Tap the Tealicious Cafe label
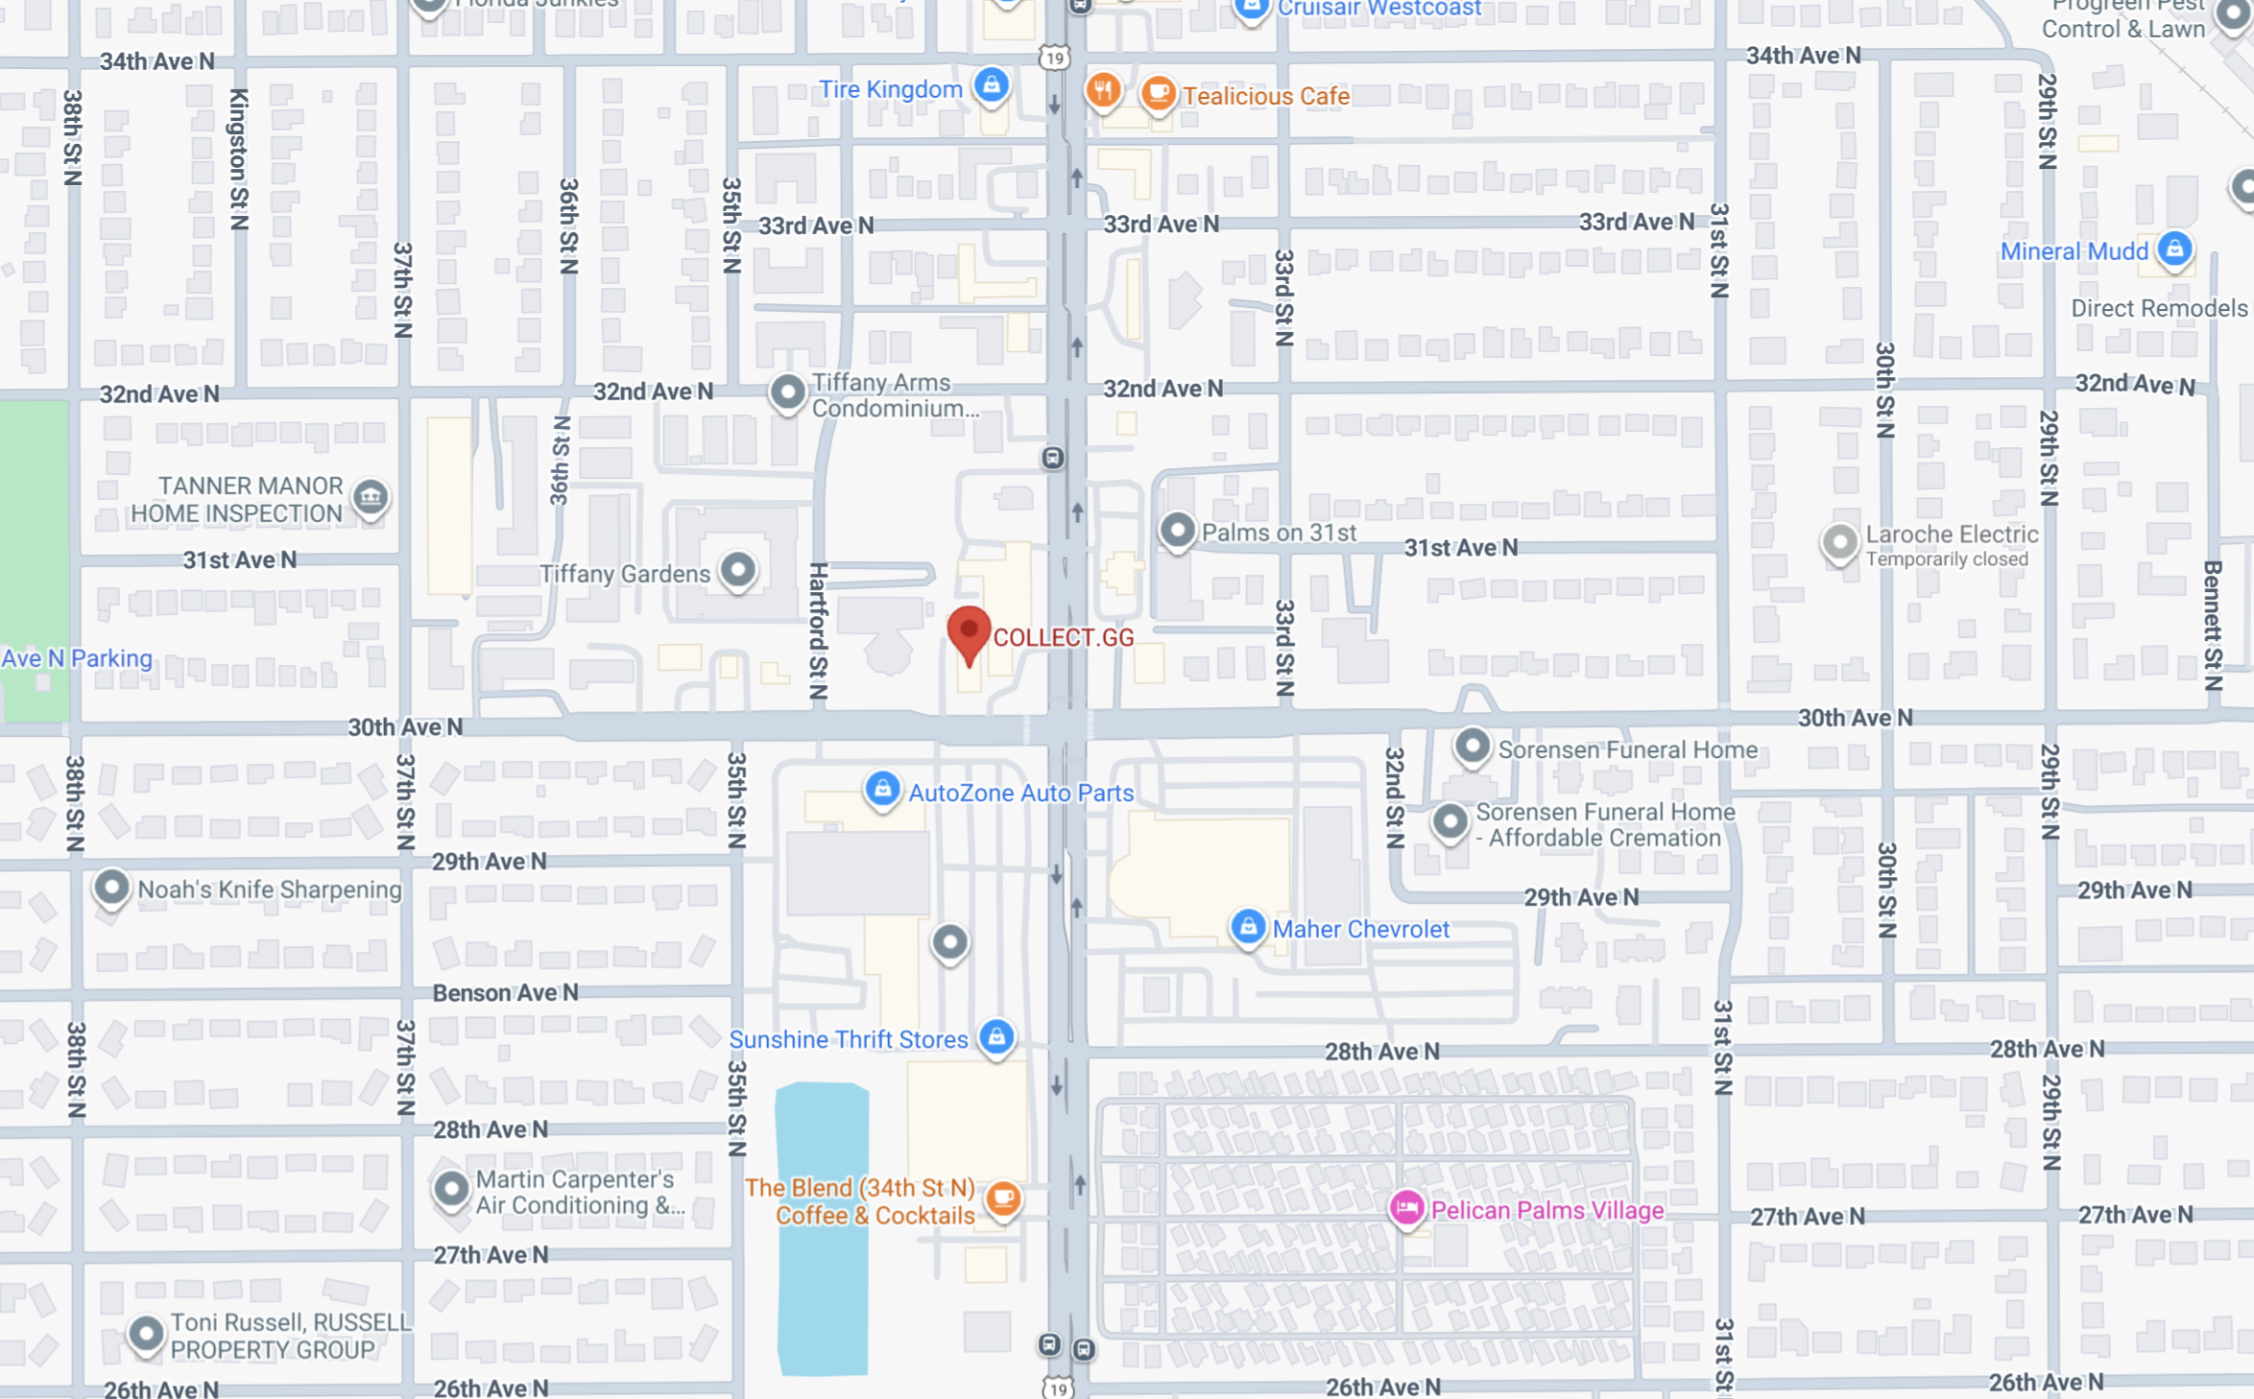[1265, 96]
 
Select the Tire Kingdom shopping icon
[991, 86]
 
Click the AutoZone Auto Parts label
[1020, 793]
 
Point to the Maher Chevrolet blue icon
[1247, 928]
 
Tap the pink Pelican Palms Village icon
[1406, 1208]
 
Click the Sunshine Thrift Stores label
[848, 1039]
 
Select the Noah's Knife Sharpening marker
[111, 888]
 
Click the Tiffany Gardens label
[624, 574]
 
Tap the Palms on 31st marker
[1177, 530]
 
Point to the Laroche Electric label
[1951, 534]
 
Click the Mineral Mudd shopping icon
[2174, 249]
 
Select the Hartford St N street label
[818, 630]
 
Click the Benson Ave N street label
[505, 992]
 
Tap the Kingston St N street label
[238, 159]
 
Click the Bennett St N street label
[2213, 626]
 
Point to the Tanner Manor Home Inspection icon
[371, 497]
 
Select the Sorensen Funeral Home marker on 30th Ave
[1472, 747]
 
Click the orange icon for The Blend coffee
[1003, 1197]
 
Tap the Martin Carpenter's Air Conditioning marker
[450, 1190]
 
